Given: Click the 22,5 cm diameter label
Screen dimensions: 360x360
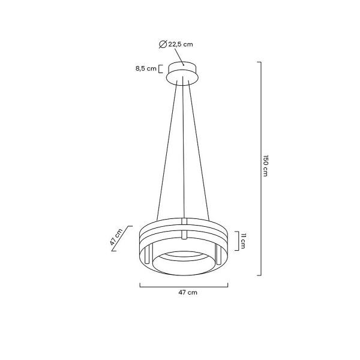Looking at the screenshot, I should [180, 44].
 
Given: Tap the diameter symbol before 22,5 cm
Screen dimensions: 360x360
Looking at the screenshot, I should [163, 44].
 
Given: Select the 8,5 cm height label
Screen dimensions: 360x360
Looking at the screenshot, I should [146, 68].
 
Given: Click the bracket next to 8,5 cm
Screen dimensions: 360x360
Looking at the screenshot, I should [161, 68].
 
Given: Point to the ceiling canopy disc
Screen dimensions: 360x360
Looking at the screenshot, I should [184, 71].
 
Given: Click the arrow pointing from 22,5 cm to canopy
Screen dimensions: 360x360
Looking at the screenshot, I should [178, 57].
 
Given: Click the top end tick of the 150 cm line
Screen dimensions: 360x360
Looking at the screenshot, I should [259, 62].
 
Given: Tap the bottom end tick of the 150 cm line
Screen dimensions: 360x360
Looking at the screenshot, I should [259, 275].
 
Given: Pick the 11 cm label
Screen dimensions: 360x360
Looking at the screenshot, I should [244, 241].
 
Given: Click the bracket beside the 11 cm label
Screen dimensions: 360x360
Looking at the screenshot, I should [236, 241].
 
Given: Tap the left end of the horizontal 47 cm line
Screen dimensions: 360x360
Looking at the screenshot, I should [140, 285].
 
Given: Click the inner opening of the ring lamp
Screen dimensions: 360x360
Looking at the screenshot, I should [184, 261].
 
